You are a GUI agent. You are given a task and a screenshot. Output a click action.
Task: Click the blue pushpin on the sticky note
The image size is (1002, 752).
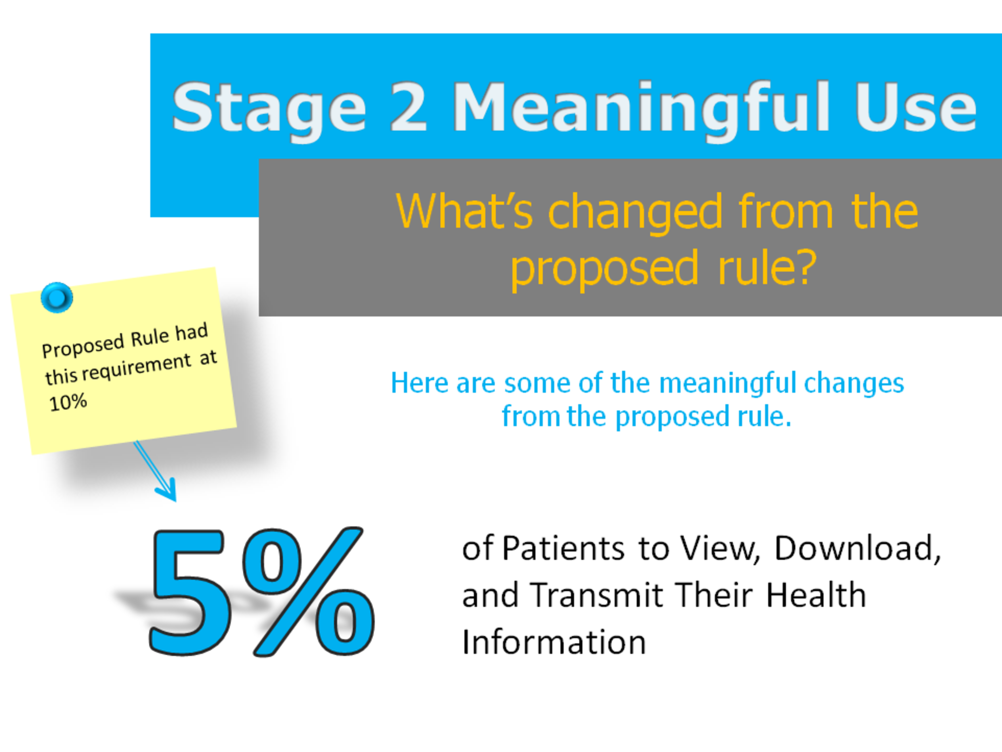(x=56, y=298)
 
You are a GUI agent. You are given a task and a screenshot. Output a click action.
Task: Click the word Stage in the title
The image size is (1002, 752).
(x=269, y=109)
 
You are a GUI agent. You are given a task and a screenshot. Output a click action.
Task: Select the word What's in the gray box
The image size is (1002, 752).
(x=464, y=211)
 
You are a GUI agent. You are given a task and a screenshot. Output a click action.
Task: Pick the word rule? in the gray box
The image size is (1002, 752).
(x=767, y=268)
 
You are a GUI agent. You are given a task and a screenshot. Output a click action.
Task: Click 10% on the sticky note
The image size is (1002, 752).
(x=68, y=403)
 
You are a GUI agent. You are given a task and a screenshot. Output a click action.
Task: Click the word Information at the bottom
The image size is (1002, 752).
(x=554, y=642)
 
